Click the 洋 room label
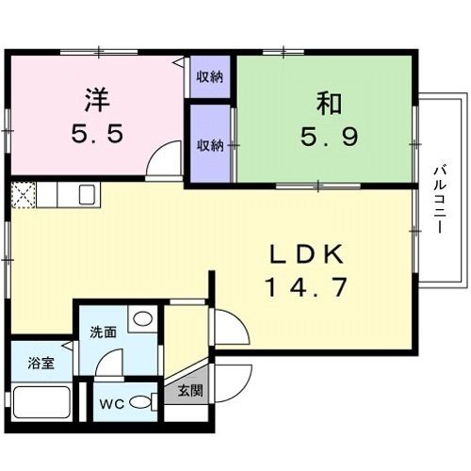[x=98, y=100]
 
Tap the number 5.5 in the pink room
[x=97, y=134]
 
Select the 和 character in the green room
[x=329, y=104]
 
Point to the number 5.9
[x=330, y=137]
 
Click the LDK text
[x=306, y=254]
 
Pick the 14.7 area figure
[x=306, y=287]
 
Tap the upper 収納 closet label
[x=210, y=77]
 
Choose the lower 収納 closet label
[x=210, y=145]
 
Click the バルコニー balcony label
[x=440, y=200]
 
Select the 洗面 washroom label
[x=104, y=333]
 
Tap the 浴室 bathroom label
[x=41, y=363]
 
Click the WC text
[x=112, y=404]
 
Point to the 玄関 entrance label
[x=190, y=391]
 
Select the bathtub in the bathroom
[x=41, y=402]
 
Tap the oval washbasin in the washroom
[x=143, y=319]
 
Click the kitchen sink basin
[x=87, y=195]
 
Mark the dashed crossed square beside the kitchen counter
[x=24, y=195]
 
